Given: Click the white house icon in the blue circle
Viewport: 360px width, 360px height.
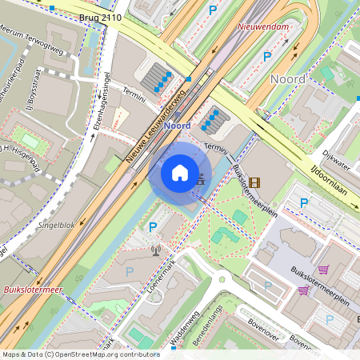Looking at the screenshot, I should coord(180,172).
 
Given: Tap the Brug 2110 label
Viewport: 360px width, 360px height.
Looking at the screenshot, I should coord(101,16).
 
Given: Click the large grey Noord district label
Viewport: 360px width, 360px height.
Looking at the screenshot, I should coord(288,78).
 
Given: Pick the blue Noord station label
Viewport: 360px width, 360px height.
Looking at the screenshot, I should coord(177,126).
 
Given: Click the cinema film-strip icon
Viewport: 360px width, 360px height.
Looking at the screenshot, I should coord(254,182).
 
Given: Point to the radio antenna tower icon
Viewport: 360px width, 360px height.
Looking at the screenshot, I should coord(155,250).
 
